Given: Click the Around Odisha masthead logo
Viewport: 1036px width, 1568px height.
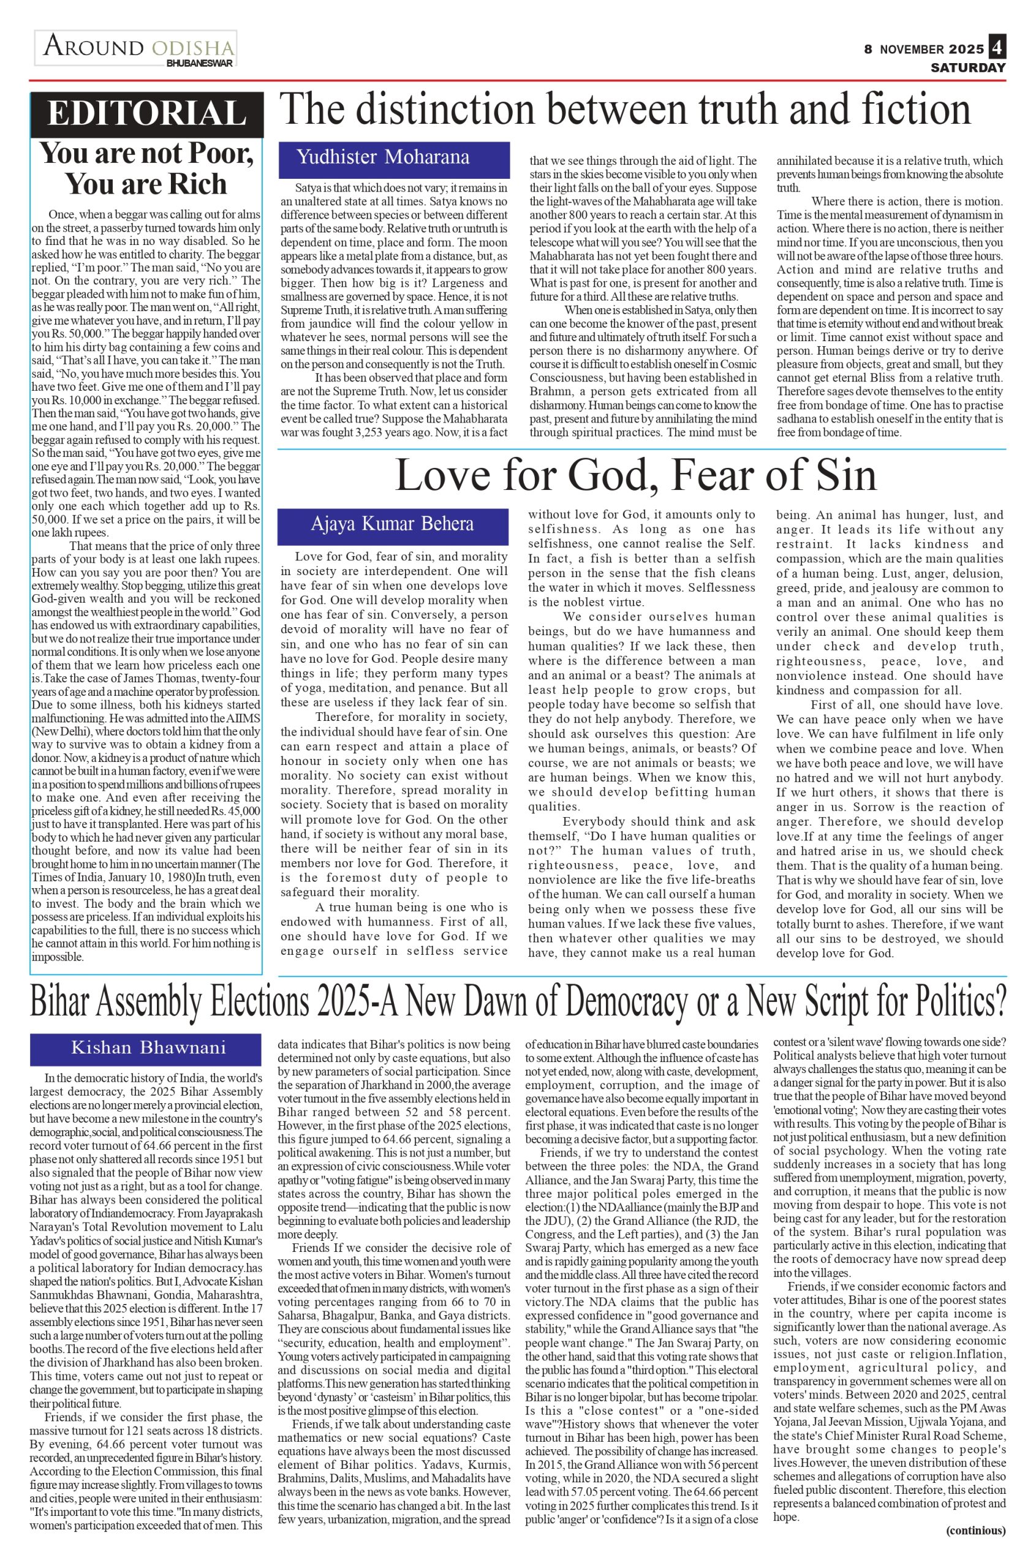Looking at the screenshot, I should tap(135, 48).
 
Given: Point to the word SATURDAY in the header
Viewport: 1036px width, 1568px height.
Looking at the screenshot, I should tap(968, 67).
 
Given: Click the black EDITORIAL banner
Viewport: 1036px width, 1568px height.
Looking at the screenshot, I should tap(146, 113).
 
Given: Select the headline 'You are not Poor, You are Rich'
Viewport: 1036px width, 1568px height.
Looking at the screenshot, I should tap(146, 168).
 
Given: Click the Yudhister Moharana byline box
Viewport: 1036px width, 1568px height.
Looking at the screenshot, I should tap(394, 158).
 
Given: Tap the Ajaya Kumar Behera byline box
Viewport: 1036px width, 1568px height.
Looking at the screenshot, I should tap(393, 524).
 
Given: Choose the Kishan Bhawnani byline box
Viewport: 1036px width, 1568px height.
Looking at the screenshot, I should tap(146, 1047).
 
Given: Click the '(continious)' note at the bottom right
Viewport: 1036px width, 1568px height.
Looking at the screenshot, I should tap(975, 1549).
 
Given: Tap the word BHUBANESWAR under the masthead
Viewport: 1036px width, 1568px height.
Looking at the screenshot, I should tap(200, 62).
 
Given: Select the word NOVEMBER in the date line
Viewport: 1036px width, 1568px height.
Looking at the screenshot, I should tap(912, 50).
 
